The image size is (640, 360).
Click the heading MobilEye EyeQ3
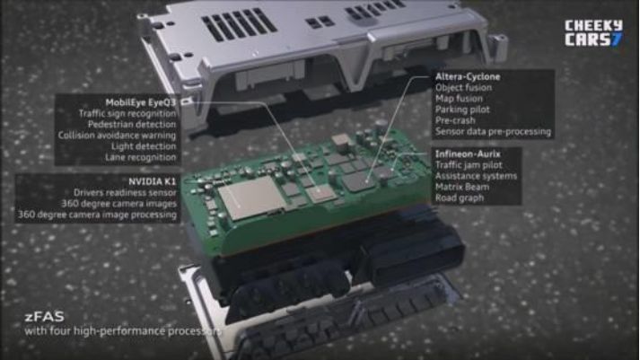point(140,102)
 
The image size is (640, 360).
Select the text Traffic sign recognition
point(127,113)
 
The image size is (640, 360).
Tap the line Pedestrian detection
point(132,125)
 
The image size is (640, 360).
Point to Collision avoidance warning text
point(117,136)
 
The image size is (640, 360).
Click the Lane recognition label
point(140,157)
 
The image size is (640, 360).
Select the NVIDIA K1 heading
point(153,181)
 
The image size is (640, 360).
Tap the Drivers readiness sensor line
point(125,193)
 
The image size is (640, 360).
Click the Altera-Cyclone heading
point(468,76)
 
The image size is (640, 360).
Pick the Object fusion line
point(463,88)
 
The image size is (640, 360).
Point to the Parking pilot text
point(462,110)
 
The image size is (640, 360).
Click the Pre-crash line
point(455,121)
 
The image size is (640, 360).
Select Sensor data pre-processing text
point(493,132)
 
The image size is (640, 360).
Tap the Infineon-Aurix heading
point(468,154)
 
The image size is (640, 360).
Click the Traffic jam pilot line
point(469,165)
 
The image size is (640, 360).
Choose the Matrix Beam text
point(462,188)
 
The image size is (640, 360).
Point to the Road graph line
point(460,198)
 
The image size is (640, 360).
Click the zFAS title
point(45,317)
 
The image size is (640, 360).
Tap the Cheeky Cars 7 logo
point(593,32)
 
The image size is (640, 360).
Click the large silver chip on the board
point(250,197)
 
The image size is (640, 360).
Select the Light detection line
point(144,146)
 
